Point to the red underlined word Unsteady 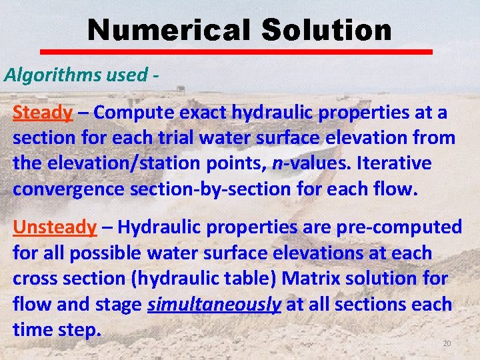tap(55, 227)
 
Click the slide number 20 tap(447, 343)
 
